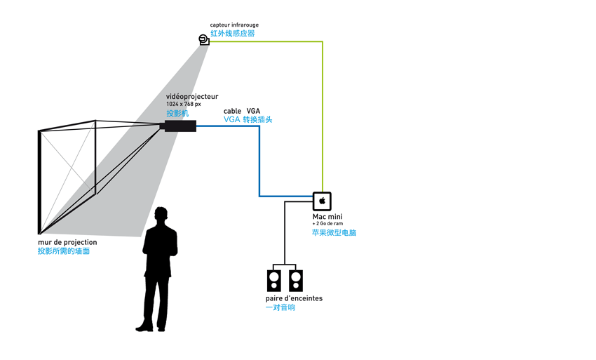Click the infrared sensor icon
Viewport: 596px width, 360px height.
click(204, 41)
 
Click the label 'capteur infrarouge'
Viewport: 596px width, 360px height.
click(234, 25)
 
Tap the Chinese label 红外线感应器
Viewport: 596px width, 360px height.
click(232, 33)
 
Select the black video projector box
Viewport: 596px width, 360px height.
click(180, 126)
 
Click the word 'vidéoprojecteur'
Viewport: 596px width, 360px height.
click(191, 96)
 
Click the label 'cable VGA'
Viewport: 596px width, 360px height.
click(242, 111)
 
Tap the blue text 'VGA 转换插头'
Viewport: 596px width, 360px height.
click(248, 120)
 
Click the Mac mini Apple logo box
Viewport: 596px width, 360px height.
click(322, 201)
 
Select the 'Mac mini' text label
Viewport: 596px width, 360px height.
click(327, 217)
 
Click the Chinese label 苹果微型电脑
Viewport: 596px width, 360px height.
click(334, 232)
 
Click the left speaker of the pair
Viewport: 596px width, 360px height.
click(274, 281)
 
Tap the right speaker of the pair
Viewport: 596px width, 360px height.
click(295, 281)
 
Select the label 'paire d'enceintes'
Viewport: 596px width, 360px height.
click(294, 298)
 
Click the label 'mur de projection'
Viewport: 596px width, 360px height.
click(67, 242)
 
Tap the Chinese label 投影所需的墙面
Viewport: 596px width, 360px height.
click(64, 251)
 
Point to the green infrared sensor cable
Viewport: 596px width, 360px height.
click(322, 112)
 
